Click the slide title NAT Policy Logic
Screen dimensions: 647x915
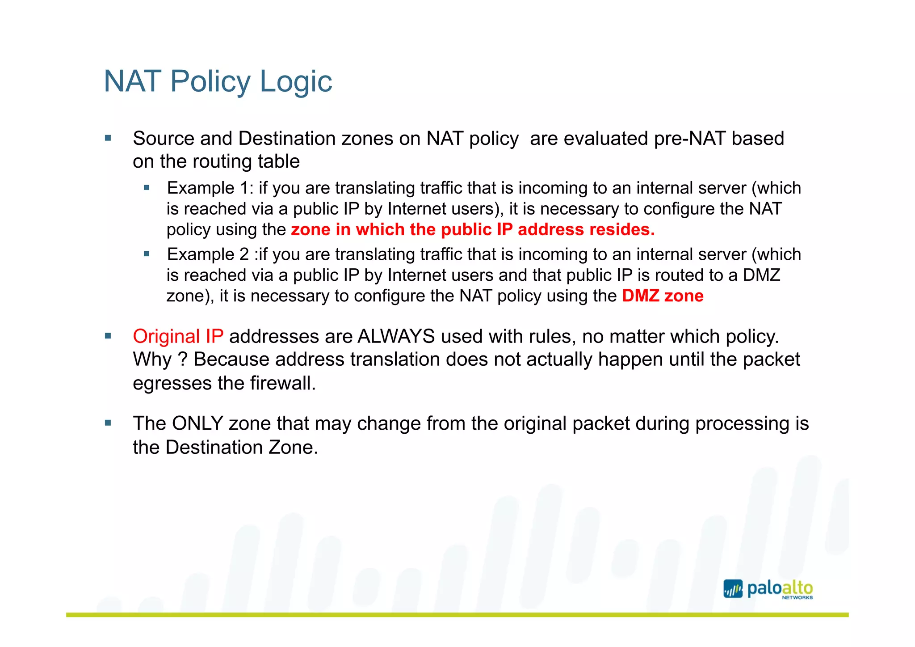218,81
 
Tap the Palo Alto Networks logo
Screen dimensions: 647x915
768,589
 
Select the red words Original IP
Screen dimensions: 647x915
178,336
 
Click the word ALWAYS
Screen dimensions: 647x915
396,336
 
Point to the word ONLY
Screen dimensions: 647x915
197,423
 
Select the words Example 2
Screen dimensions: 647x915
208,254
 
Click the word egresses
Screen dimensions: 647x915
172,383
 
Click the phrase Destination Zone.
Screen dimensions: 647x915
241,448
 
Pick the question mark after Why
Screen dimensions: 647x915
182,359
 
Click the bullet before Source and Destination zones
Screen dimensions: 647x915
108,139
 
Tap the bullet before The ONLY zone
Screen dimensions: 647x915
108,423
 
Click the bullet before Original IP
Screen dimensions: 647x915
108,336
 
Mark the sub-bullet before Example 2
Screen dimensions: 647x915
147,254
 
